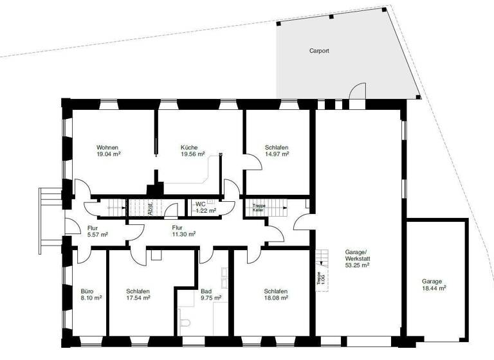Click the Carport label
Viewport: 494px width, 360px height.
point(318,51)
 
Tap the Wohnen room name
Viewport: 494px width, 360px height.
point(107,147)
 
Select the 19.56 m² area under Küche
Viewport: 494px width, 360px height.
point(193,154)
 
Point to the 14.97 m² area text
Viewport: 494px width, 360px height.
point(277,154)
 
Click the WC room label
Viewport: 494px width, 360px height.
point(200,204)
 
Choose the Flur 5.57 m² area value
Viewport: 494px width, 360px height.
point(97,235)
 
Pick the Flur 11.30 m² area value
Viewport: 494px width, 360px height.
point(183,235)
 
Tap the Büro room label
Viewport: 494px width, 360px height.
point(87,291)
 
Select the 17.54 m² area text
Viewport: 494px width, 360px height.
point(138,298)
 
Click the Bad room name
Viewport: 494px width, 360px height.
point(206,291)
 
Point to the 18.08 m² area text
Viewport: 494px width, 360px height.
point(276,298)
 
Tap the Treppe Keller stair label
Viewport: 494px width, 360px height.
point(259,208)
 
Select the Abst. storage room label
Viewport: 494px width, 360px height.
point(151,208)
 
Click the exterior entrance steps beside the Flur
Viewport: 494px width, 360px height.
point(50,217)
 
